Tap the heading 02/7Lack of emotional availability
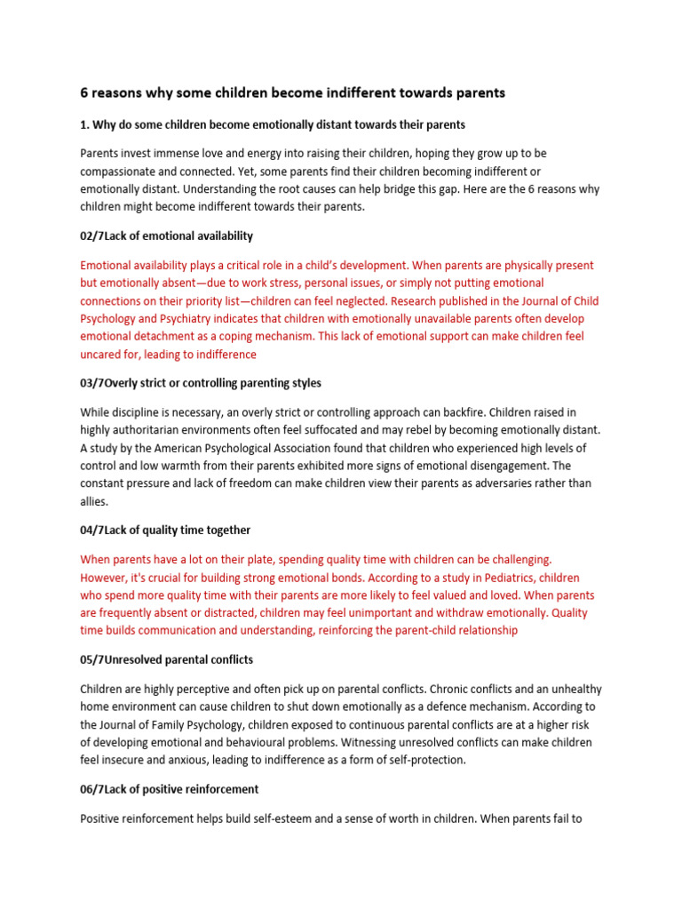[x=166, y=235]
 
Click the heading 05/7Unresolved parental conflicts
[x=166, y=659]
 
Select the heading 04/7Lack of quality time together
[x=165, y=530]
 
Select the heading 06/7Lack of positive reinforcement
[x=170, y=789]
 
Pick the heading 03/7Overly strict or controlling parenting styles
[x=201, y=383]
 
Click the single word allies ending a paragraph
[x=93, y=501]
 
